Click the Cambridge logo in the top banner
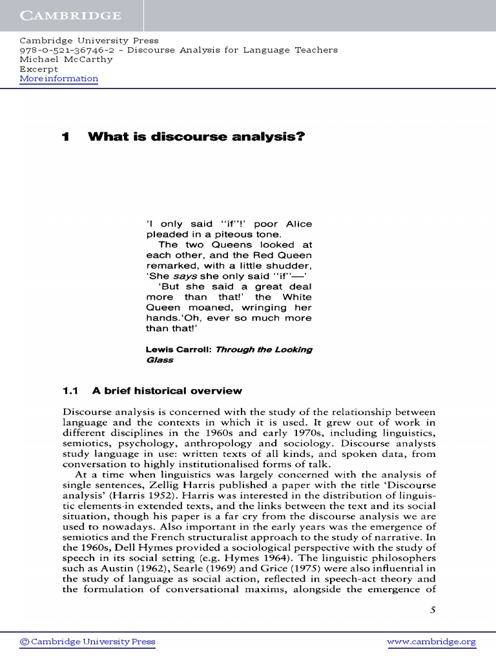click(x=61, y=15)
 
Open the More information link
click(x=59, y=79)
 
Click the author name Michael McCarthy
click(x=66, y=59)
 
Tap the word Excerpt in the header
click(x=39, y=69)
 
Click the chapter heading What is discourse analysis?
click(x=196, y=137)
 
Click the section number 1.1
click(x=70, y=391)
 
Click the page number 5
click(x=433, y=611)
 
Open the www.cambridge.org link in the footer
click(x=431, y=642)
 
